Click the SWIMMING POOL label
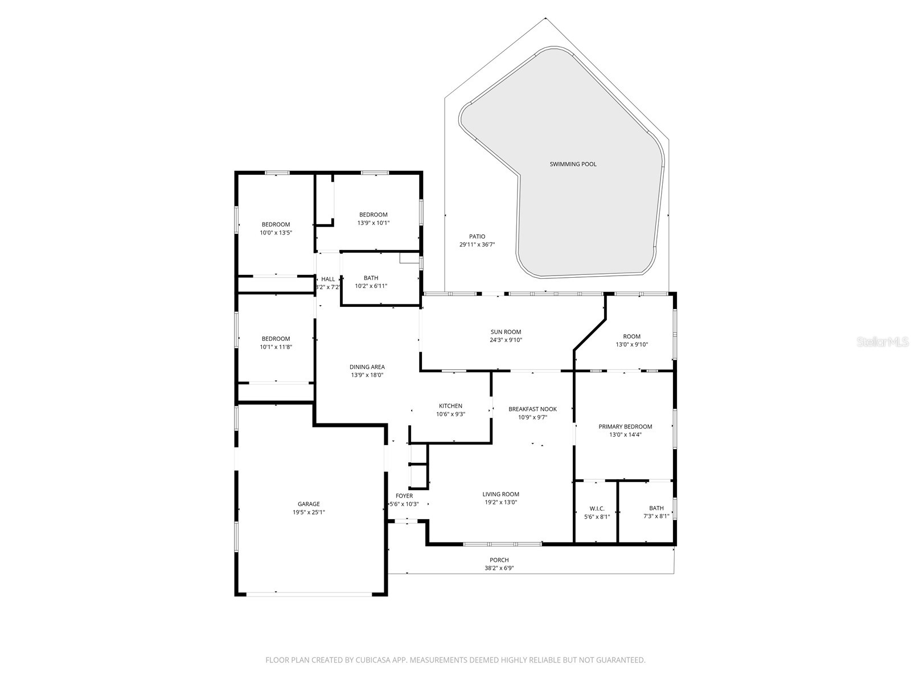(573, 164)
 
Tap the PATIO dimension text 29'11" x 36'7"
(477, 245)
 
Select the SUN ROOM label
(506, 332)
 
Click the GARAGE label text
(309, 504)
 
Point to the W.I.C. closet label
(597, 508)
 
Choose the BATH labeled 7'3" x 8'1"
(656, 508)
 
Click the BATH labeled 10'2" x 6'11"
(371, 278)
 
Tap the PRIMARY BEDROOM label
(625, 426)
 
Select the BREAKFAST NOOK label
(532, 409)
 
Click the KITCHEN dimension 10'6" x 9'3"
(450, 414)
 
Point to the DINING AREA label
(367, 367)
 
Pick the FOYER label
(404, 496)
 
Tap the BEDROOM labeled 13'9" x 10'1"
(373, 215)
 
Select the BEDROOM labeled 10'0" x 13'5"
(276, 224)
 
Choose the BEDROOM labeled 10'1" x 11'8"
(276, 339)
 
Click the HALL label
(328, 279)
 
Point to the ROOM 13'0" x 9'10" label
(631, 336)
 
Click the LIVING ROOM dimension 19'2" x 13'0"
(500, 502)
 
